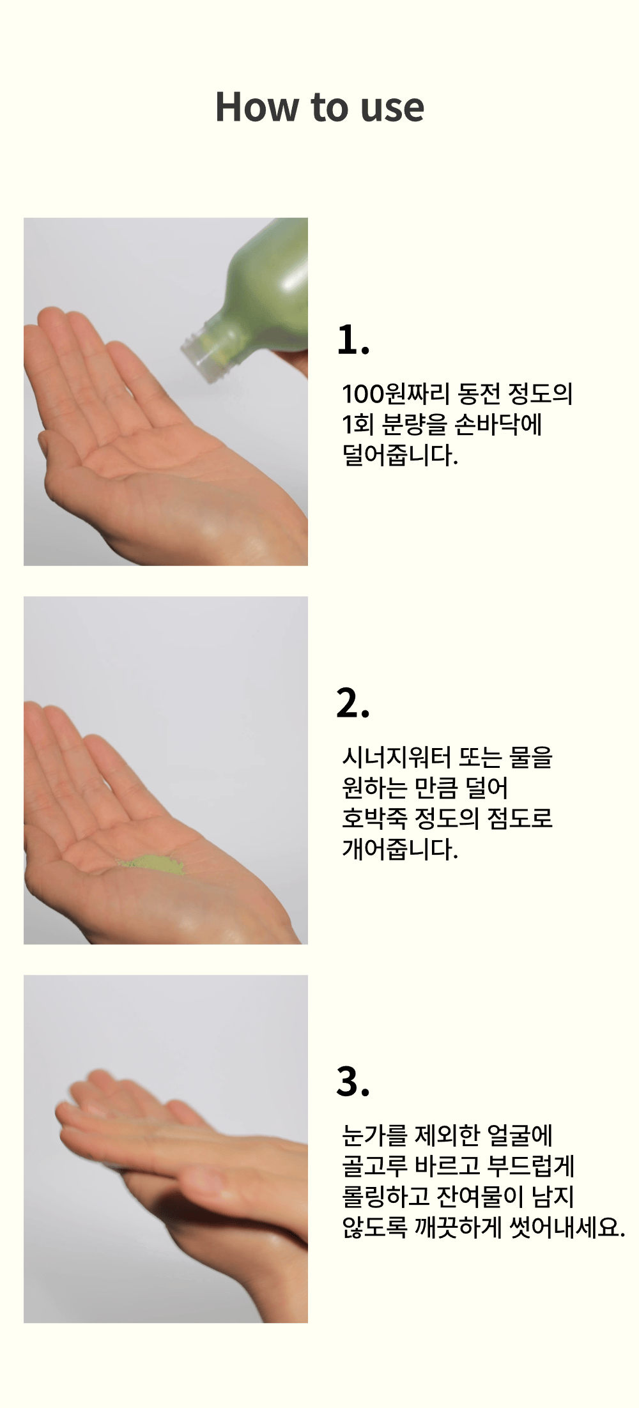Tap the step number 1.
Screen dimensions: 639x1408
point(353,340)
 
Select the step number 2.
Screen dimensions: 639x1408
point(353,703)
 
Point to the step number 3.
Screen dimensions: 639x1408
point(353,1082)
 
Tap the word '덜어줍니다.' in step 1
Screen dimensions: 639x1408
point(400,455)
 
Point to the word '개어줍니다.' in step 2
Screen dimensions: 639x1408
point(400,849)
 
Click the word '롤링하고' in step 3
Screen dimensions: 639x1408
point(385,1197)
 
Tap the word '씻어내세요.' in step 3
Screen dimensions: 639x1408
point(567,1227)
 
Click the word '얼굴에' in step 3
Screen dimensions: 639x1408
point(520,1135)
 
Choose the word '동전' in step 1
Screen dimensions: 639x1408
point(479,394)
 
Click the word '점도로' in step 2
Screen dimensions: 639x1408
point(520,818)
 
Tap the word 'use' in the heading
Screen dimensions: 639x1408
point(392,109)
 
